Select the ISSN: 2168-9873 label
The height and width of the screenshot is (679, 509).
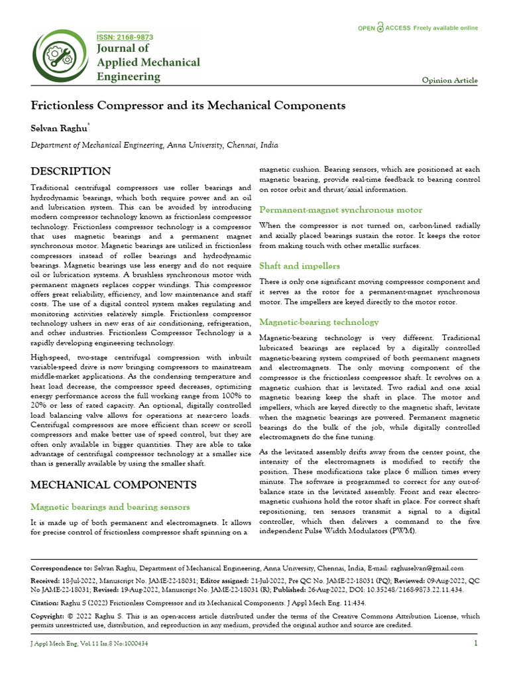pyautogui.click(x=125, y=36)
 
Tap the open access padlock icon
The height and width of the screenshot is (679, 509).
pyautogui.click(x=380, y=28)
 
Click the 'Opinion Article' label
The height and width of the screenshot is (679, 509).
pyautogui.click(x=449, y=80)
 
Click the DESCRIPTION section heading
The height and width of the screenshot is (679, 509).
pyautogui.click(x=71, y=171)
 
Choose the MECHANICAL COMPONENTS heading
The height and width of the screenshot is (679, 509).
pyautogui.click(x=113, y=485)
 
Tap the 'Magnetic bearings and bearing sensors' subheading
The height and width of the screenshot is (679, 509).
pyautogui.click(x=111, y=507)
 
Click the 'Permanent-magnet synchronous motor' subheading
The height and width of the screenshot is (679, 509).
pyautogui.click(x=340, y=210)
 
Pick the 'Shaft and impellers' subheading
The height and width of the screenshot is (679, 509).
pyautogui.click(x=299, y=266)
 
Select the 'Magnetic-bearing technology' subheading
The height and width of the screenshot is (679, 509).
pyautogui.click(x=319, y=322)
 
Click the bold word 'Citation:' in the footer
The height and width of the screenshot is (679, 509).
pyautogui.click(x=49, y=603)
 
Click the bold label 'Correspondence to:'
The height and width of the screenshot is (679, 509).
pyautogui.click(x=62, y=568)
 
